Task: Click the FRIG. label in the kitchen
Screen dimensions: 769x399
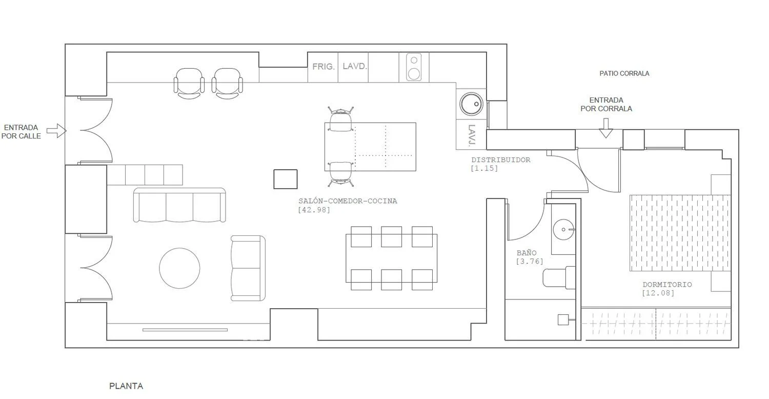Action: (x=323, y=67)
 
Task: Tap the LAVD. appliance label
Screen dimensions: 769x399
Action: (x=355, y=66)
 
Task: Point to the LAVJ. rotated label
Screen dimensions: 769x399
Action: (x=472, y=136)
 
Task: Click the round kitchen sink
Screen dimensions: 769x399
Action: (x=471, y=104)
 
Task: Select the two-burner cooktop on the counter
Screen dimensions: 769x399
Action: (x=414, y=67)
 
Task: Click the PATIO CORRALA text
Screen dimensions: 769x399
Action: (x=624, y=73)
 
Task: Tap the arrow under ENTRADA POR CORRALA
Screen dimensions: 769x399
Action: (x=606, y=128)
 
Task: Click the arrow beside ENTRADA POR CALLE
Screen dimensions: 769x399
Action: (x=56, y=131)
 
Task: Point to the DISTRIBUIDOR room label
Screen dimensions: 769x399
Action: (x=500, y=159)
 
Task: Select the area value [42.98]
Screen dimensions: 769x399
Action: (x=314, y=210)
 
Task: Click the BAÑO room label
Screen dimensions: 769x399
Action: (x=527, y=253)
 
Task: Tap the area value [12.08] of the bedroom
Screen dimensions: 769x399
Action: (x=658, y=293)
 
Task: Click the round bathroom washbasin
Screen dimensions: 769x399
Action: (x=563, y=229)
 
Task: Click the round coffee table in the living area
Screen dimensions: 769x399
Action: (x=179, y=268)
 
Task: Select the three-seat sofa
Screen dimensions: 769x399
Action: (x=179, y=205)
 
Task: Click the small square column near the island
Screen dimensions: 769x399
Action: (x=285, y=179)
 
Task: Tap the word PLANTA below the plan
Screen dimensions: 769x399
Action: (x=126, y=386)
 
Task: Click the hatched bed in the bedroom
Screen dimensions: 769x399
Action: (x=680, y=233)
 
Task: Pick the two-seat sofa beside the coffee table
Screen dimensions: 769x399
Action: (x=248, y=268)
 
